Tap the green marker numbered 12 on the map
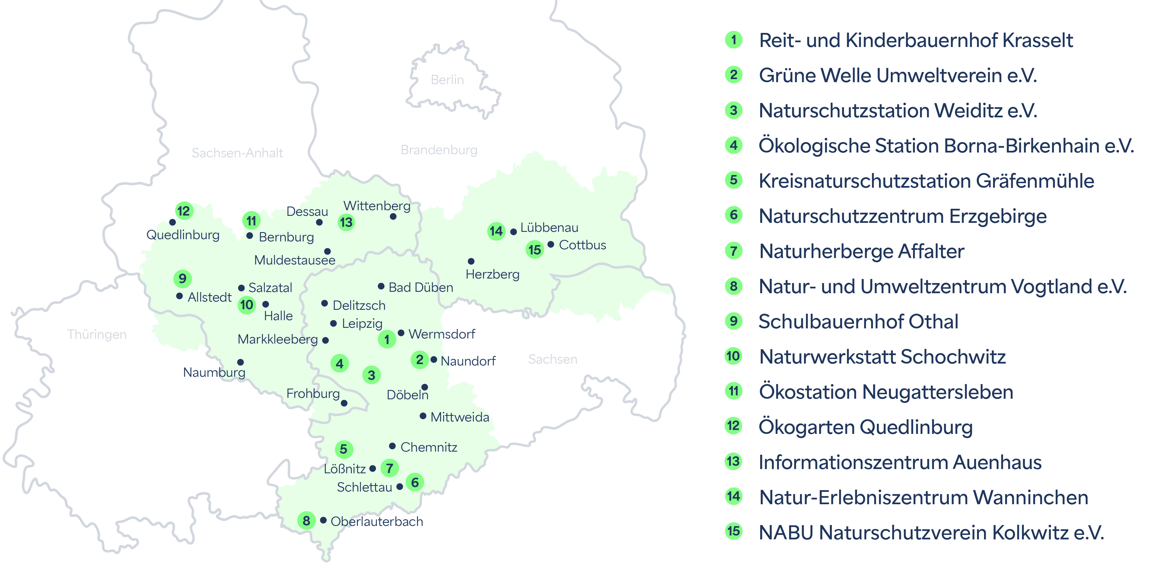(184, 211)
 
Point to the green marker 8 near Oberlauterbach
(306, 520)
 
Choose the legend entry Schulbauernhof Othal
(858, 321)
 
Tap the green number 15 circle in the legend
(733, 531)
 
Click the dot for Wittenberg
(393, 217)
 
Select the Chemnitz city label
(429, 447)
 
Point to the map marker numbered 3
(371, 375)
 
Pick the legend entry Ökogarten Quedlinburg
(865, 427)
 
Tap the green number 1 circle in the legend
(733, 40)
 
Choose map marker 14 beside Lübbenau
(496, 231)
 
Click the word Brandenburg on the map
(439, 150)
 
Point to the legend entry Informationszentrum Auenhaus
(899, 462)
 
